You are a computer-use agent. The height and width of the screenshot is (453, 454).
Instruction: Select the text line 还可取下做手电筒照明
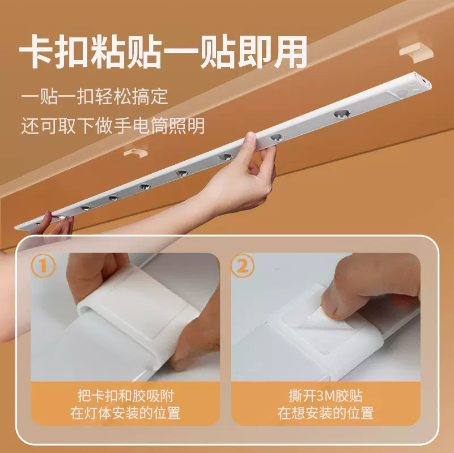coord(113,125)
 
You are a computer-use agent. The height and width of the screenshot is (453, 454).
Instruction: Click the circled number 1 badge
coord(44,266)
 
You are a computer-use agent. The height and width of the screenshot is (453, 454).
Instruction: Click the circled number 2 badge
coord(243,266)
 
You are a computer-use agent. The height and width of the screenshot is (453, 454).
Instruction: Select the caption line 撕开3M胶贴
coord(325,395)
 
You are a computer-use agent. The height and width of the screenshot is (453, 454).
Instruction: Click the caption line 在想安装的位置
coord(325,413)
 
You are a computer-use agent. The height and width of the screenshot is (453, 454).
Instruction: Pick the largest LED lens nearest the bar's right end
coord(342,114)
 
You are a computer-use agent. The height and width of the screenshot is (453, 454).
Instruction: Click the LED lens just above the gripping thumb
coord(275,137)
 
